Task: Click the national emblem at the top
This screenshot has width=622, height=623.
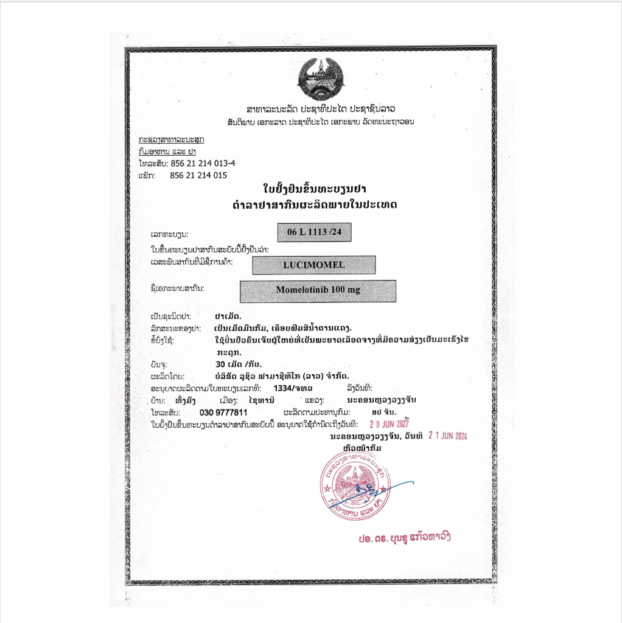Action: [321, 78]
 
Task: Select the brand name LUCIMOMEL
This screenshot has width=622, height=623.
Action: [313, 265]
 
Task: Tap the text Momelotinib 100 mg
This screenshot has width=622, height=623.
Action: [318, 290]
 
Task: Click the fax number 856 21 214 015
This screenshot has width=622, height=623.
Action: [198, 175]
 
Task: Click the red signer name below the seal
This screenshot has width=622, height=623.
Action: [404, 537]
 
